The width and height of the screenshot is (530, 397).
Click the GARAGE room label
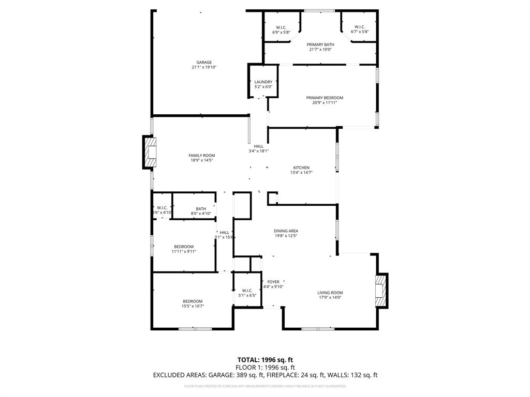pos(203,63)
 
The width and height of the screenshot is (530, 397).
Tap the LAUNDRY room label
pos(263,82)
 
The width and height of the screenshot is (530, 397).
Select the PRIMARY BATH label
pos(320,45)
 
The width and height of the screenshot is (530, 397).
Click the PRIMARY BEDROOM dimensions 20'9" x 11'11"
pos(325,103)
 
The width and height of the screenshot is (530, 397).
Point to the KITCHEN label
pos(301,167)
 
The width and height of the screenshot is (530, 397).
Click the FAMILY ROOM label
pos(201,156)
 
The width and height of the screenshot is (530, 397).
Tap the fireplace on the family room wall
pos(150,152)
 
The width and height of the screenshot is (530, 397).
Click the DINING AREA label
pos(286,231)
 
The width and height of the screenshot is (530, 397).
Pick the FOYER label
pos(273,282)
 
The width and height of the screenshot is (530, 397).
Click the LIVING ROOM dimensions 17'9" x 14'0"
pos(330,298)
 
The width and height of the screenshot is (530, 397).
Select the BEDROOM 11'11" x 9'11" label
pos(184,249)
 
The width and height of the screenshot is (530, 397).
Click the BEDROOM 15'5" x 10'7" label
pos(193,304)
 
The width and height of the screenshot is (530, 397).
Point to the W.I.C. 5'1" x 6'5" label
pos(247,293)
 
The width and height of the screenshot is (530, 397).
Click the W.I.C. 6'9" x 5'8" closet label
pos(281,29)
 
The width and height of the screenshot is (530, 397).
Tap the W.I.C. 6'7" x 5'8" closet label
pos(360,29)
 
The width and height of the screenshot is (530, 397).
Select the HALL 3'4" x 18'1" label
pos(258,148)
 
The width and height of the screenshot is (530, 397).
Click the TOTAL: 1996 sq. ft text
pos(264,359)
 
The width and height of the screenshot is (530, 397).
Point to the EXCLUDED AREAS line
pos(265,375)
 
